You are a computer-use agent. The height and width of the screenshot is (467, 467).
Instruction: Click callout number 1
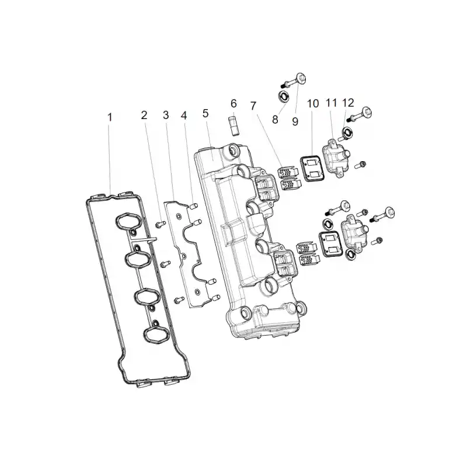110,117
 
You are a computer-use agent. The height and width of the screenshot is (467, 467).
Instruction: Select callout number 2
144,115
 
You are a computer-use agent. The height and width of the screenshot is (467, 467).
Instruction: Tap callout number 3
166,115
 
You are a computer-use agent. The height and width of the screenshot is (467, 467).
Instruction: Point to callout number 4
184,116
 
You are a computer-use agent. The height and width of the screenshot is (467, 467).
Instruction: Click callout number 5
205,113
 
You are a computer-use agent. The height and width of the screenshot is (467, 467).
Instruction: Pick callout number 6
234,103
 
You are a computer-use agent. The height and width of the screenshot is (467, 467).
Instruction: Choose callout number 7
253,106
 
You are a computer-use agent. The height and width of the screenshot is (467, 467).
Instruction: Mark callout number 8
275,120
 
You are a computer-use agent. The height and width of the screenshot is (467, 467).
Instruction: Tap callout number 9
295,121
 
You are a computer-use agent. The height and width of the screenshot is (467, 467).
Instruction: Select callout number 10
313,104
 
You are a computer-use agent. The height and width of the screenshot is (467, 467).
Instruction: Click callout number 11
331,103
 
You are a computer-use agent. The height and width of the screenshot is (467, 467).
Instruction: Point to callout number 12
348,103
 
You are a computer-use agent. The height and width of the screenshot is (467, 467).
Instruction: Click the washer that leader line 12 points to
347,133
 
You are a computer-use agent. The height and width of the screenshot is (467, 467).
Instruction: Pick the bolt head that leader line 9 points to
301,79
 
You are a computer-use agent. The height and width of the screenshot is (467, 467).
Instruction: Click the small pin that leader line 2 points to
161,224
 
